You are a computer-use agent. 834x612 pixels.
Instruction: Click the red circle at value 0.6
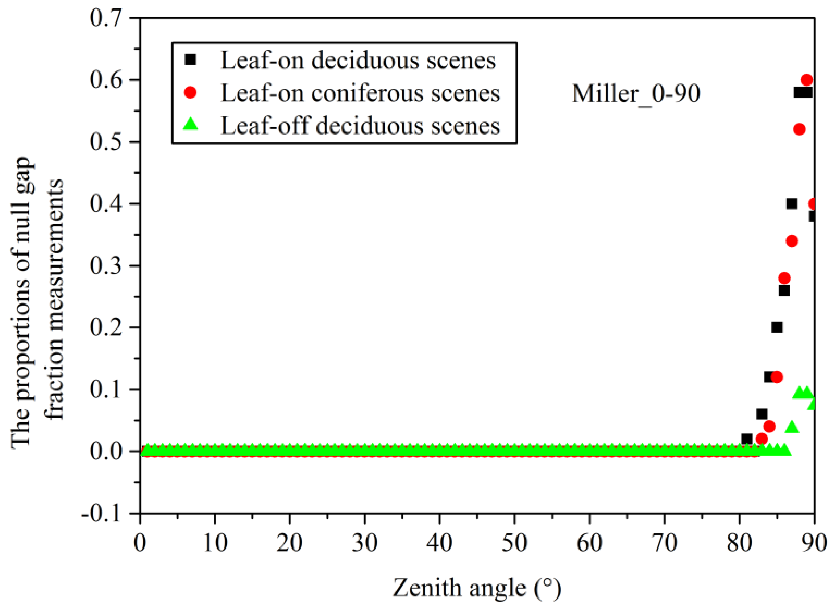coord(807,80)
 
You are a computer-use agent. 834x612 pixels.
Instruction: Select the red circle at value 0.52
coord(800,129)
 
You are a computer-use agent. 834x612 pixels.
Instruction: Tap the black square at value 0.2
coord(777,327)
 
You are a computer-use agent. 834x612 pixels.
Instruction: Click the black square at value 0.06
coord(762,414)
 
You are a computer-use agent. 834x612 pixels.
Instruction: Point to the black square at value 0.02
coord(747,439)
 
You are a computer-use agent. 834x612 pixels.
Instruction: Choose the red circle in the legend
coord(191,92)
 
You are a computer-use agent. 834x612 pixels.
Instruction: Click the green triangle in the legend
coord(191,124)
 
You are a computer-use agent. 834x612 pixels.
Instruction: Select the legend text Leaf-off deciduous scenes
coord(360,126)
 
